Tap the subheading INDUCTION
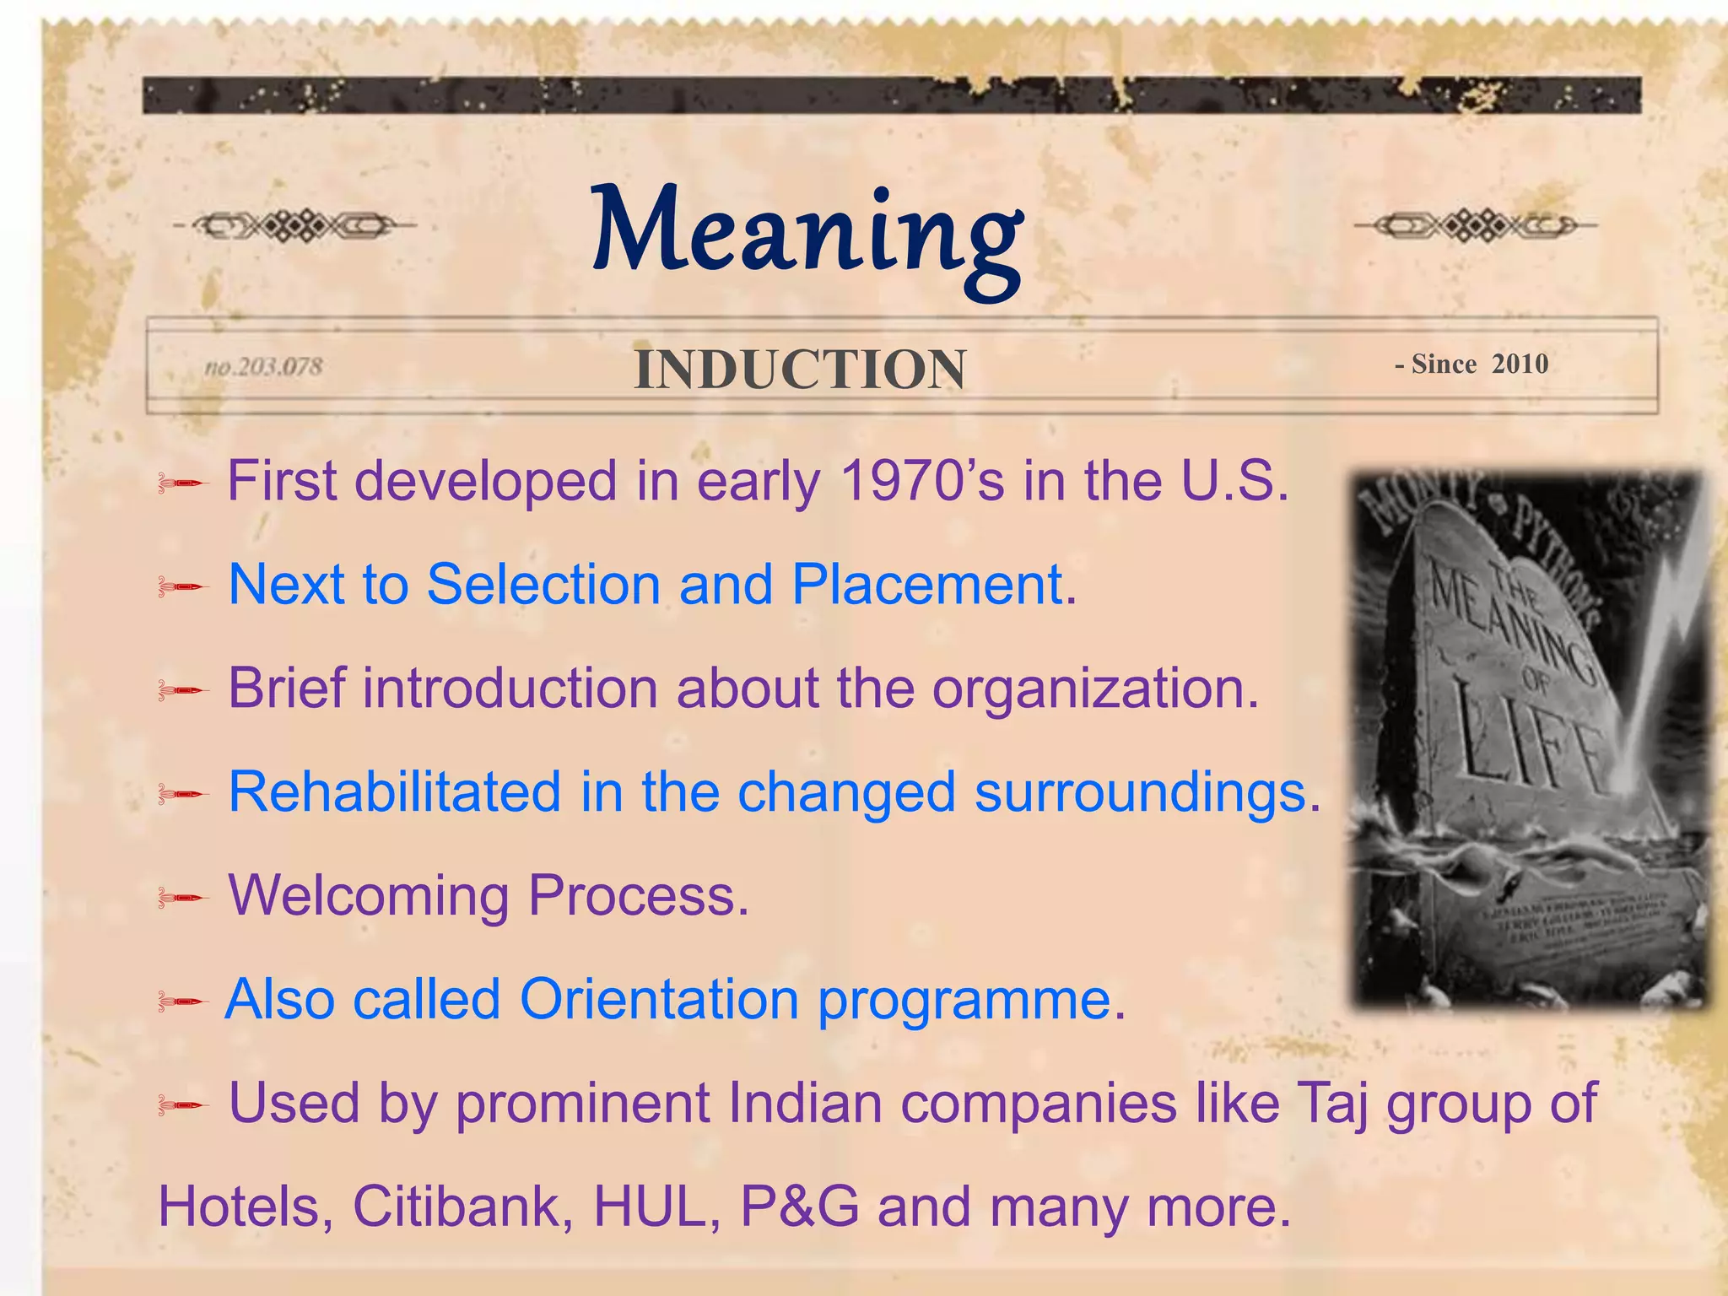(800, 370)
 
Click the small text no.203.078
(263, 367)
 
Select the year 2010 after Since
(1520, 364)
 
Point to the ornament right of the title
(1475, 225)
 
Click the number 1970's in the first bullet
(923, 481)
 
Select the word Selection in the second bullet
(543, 584)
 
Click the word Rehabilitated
(395, 792)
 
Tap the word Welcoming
(369, 896)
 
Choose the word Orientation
(659, 1000)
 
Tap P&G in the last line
(799, 1207)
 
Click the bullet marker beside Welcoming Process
(181, 898)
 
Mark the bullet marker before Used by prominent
(181, 1105)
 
